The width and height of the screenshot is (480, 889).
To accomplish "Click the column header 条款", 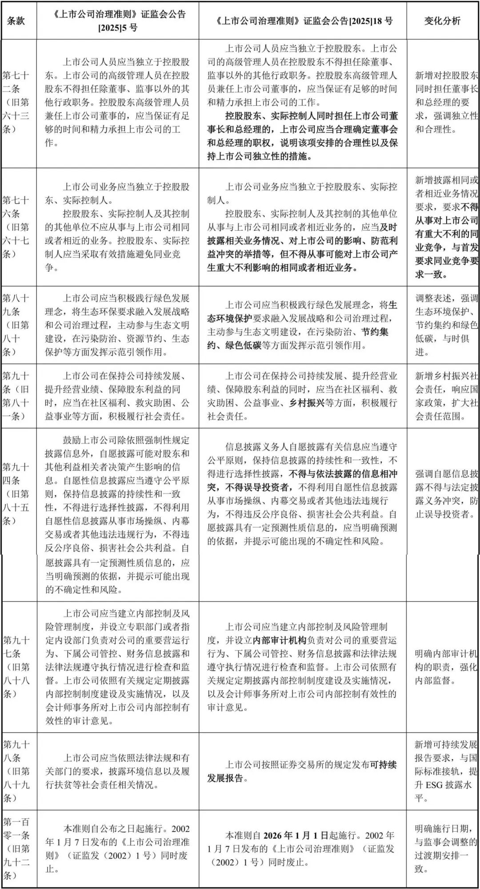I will [x=16, y=21].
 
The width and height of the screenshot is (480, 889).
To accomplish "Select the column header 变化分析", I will [x=442, y=21].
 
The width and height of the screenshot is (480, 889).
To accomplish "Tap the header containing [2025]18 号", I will [x=303, y=21].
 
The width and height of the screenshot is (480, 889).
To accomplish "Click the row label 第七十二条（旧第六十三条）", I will [x=16, y=102].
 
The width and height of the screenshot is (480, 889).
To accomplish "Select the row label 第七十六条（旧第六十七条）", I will [x=16, y=227].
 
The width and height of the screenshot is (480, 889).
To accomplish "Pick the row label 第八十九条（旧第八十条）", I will [x=16, y=325].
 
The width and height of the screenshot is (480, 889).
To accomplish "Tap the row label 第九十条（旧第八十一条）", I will [x=16, y=396].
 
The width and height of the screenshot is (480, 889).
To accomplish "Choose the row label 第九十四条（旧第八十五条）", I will [x=16, y=494].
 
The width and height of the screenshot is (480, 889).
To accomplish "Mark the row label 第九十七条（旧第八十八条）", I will [x=16, y=667].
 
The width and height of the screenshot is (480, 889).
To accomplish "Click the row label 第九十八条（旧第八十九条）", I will [x=16, y=771].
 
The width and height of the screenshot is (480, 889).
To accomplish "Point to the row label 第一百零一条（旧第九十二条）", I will [x=16, y=849].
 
